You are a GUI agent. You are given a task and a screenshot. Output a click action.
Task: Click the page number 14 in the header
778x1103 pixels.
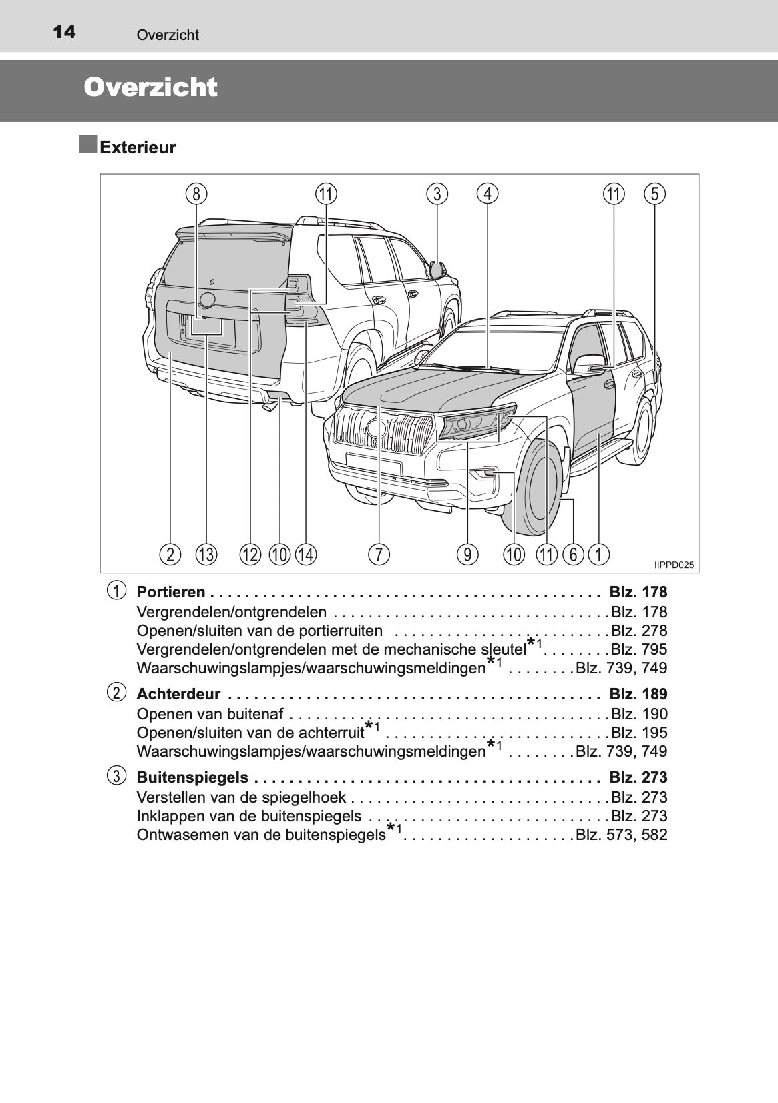[63, 31]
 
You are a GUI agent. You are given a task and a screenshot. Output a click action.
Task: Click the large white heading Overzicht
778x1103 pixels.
[151, 87]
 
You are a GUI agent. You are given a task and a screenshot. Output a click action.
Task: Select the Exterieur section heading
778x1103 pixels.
[138, 147]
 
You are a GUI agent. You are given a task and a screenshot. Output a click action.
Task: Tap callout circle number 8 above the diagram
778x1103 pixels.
[196, 194]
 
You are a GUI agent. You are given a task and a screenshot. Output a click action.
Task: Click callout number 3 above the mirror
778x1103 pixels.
[437, 194]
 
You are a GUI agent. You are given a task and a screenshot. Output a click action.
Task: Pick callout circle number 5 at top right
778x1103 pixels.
[655, 194]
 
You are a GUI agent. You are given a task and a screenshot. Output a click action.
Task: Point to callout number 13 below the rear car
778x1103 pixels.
[206, 554]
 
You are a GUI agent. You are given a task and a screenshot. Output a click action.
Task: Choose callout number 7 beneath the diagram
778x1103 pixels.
[379, 554]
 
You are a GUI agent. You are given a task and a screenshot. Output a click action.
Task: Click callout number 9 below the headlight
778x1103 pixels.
[467, 554]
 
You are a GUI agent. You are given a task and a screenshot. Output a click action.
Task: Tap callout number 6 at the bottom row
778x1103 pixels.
[574, 554]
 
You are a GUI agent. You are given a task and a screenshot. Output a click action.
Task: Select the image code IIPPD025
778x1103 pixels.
[674, 565]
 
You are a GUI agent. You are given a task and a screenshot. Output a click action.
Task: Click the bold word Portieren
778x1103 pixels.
[171, 592]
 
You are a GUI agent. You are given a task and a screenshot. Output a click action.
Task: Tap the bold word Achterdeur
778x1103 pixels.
[178, 694]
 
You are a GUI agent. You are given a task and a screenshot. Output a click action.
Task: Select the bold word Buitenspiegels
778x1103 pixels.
[192, 777]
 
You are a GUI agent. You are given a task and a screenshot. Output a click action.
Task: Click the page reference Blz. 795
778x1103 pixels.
[639, 649]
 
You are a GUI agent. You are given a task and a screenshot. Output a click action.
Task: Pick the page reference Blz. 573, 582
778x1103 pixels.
[622, 835]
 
